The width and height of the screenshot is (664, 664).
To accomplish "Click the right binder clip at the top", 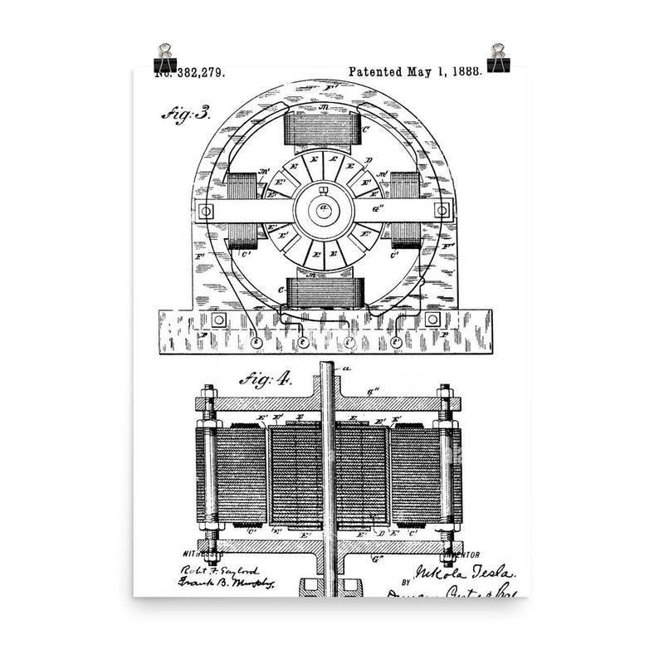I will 500,57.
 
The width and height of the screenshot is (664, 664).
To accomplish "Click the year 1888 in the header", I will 466,72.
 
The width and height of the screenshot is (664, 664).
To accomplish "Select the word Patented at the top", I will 376,72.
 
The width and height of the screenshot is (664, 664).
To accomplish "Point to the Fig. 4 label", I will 265,380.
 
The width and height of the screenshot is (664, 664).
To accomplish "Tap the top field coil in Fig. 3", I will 322,128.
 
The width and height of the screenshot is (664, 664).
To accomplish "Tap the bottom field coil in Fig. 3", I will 322,292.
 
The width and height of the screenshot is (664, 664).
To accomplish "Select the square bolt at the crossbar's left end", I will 205,210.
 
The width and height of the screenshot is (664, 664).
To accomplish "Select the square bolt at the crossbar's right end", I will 442,210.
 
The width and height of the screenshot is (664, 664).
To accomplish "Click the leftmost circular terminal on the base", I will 256,341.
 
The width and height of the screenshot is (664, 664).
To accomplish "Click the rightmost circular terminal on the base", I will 397,341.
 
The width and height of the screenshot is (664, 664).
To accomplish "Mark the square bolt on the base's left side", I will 218,320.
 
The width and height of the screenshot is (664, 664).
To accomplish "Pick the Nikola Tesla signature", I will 460,573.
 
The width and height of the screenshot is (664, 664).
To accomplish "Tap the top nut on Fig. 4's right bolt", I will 445,390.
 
